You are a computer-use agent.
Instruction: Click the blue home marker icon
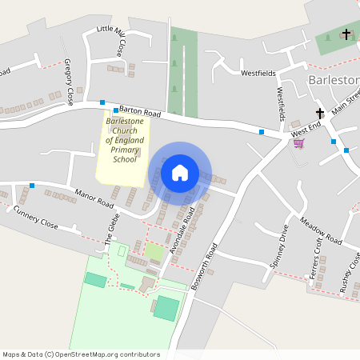[180, 172]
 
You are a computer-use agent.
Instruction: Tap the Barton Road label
[142, 113]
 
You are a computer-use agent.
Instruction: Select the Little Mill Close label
[111, 40]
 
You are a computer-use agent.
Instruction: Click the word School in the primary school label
[124, 159]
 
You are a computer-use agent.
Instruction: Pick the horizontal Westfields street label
[258, 73]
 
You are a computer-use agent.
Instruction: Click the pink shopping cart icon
[298, 143]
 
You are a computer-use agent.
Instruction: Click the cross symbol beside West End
[320, 114]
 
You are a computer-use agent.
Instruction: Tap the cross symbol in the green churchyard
[346, 34]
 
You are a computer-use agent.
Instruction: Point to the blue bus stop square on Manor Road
[32, 186]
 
